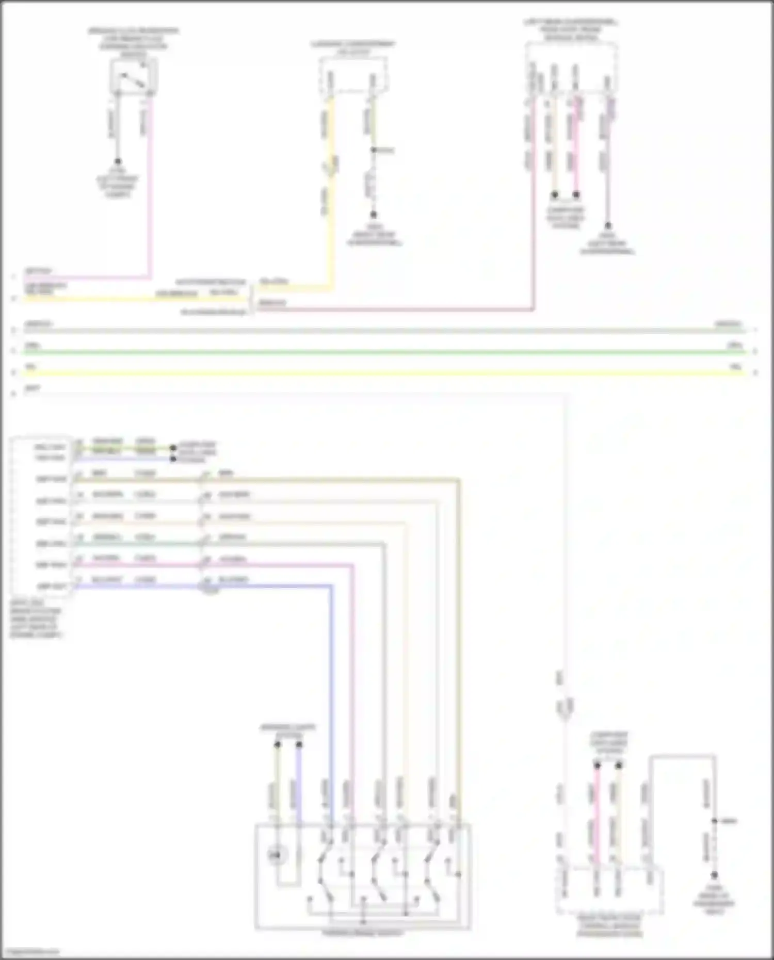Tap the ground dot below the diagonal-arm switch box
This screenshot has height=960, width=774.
click(118, 161)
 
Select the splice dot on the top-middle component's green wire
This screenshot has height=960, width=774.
click(373, 150)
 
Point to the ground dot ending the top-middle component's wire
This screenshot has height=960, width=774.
click(373, 215)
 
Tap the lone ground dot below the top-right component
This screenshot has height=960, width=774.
click(608, 226)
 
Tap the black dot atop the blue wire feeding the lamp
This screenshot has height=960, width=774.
click(299, 744)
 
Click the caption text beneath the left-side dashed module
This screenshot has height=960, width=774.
click(35, 619)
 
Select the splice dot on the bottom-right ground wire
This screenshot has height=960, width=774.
click(715, 821)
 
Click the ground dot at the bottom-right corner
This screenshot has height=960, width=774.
click(715, 875)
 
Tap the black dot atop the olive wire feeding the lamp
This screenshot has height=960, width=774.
click(277, 744)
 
